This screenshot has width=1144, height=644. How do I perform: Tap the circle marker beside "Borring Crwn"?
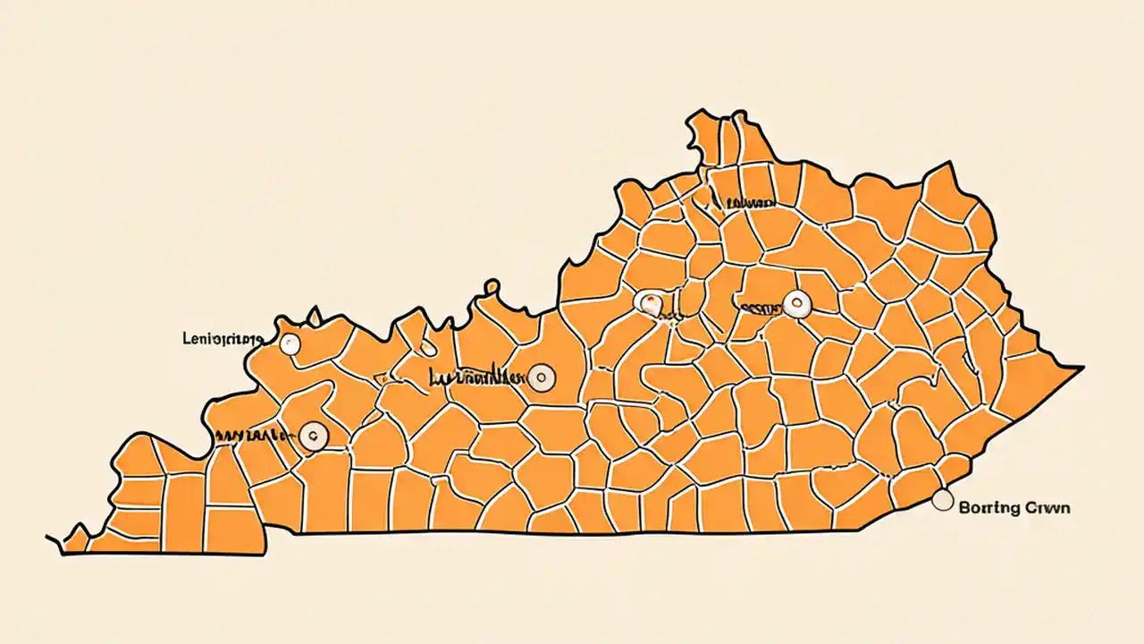[x=942, y=501]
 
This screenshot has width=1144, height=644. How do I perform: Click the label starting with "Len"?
[x=221, y=339]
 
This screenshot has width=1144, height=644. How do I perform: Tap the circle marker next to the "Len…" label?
[x=290, y=343]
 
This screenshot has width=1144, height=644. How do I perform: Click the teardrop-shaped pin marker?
[x=650, y=302]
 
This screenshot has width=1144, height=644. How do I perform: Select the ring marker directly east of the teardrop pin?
[x=795, y=304]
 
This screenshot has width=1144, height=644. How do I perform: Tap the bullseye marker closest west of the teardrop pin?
[x=541, y=377]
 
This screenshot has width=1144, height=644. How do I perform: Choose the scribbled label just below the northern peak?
[x=746, y=204]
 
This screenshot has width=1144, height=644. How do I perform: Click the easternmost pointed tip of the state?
[x=1082, y=368]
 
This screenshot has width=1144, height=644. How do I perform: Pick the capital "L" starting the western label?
[x=185, y=339]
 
